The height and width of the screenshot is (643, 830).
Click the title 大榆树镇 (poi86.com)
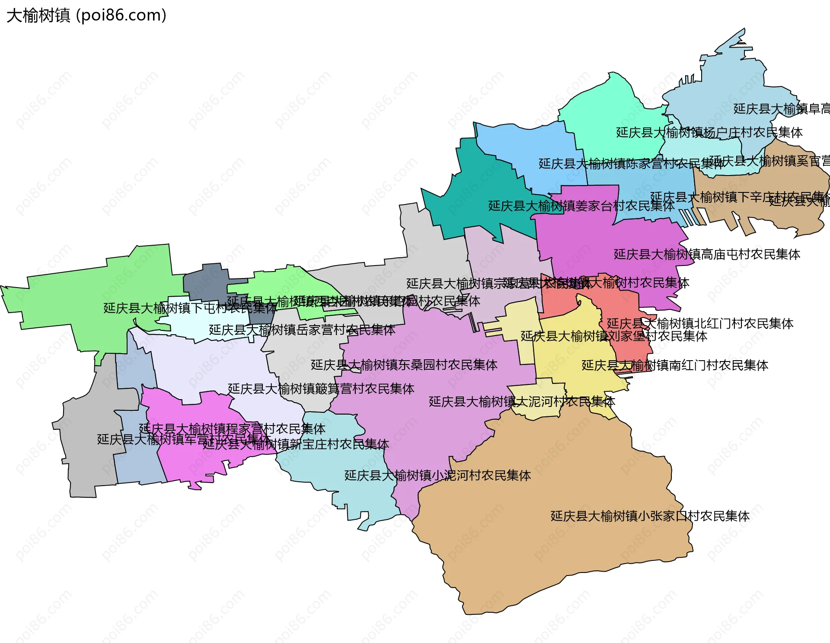86,16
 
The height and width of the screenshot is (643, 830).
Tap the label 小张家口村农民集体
650,516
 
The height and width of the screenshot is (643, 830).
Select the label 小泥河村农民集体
437,476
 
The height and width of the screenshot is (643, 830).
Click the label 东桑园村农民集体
404,365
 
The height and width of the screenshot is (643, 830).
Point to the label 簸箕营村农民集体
321,389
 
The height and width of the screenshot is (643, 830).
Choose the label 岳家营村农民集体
302,330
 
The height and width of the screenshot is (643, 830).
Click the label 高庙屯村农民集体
707,254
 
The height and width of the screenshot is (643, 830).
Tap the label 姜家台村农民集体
581,206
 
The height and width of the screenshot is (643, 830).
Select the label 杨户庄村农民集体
709,132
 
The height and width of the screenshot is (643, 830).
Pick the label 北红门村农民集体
700,323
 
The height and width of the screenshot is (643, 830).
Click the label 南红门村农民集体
674,365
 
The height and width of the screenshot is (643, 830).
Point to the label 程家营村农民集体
232,429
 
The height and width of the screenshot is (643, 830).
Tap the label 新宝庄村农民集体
296,444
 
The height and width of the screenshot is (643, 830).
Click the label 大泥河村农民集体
522,402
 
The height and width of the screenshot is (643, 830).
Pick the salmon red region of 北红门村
558,298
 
